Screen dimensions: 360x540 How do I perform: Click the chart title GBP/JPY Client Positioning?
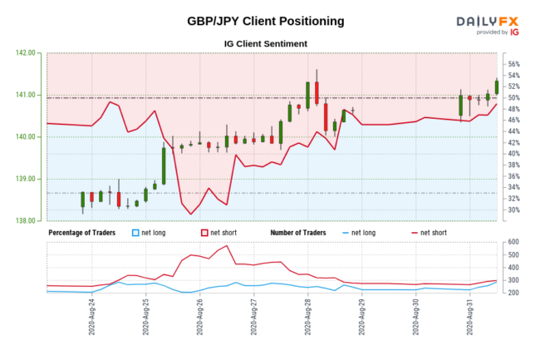coord(265,21)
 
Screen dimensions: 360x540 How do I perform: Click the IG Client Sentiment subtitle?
coord(265,43)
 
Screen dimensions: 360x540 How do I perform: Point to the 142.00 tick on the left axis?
coord(26,52)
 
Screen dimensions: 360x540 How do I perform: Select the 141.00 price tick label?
coord(26,95)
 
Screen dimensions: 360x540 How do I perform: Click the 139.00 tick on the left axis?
coord(26,179)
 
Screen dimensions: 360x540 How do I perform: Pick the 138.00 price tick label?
coord(26,221)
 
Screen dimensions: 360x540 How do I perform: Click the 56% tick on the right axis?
coord(513,64)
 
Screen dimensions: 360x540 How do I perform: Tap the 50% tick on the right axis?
coord(513,98)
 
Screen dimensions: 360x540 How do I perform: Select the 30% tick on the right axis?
coord(513,210)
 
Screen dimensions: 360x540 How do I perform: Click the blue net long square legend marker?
coord(138,232)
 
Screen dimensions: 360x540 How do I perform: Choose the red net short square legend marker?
coord(202,232)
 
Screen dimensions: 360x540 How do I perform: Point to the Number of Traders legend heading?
coord(302,232)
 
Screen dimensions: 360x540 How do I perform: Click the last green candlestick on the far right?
coord(497,86)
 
